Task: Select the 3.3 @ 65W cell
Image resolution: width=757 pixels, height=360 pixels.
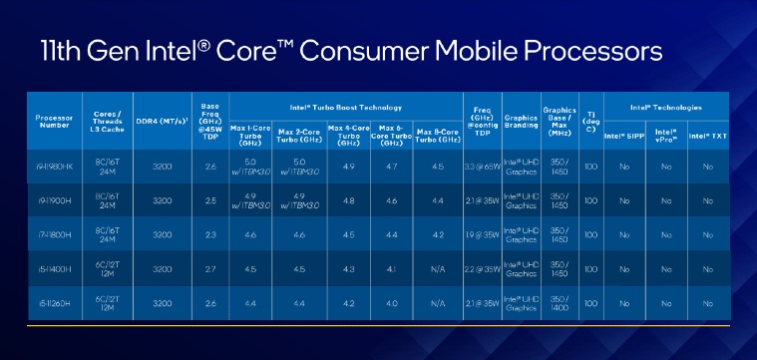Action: pos(484,166)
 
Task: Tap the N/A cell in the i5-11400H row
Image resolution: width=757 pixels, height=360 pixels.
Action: pos(436,268)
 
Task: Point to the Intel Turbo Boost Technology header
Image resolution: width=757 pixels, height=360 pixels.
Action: pos(345,107)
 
